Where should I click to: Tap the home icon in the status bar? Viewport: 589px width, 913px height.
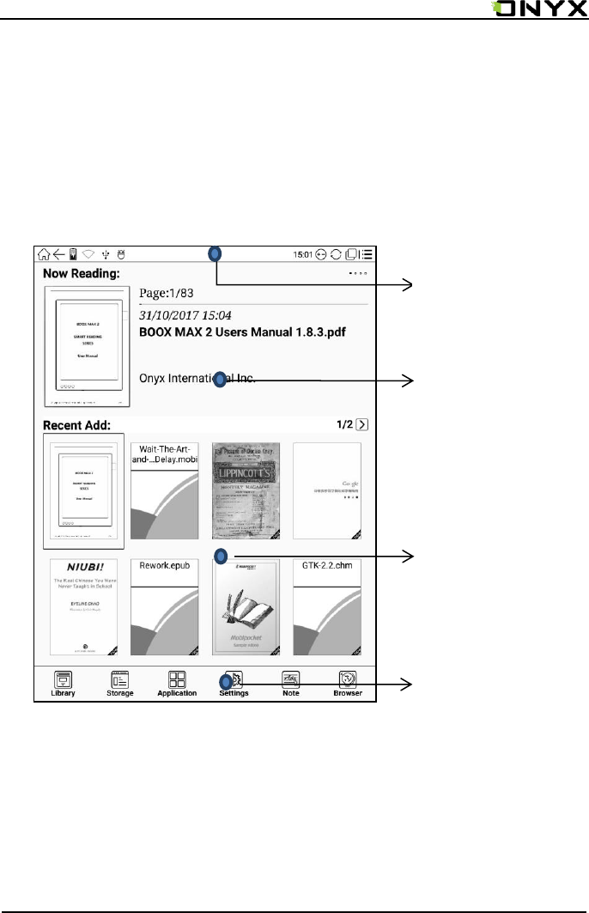43,254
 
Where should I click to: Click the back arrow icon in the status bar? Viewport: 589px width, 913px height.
58,254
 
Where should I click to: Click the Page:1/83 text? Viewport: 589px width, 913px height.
172,292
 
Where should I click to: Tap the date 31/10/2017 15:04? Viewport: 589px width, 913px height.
185,315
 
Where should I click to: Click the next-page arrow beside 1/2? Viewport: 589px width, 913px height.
363,424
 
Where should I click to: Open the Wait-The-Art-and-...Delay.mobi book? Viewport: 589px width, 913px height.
164,490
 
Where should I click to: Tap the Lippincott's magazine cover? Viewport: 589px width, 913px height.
246,490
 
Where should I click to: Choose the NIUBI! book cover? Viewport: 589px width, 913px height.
83,607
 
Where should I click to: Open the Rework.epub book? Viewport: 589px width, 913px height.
164,607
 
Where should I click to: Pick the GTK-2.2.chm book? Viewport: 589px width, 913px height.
327,607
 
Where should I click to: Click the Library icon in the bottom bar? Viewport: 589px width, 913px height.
63,683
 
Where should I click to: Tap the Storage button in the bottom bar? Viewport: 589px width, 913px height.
119,683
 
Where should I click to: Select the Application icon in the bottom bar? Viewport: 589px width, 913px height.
177,683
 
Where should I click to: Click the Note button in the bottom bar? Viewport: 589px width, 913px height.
290,683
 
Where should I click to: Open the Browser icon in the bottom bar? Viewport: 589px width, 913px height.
348,683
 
